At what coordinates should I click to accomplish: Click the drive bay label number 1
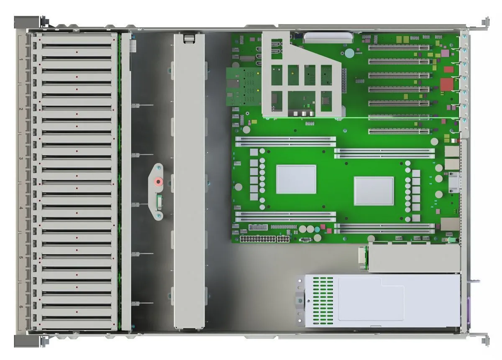click(21, 59)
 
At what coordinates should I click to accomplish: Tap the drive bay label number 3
click(21, 158)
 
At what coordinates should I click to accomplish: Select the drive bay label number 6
click(21, 307)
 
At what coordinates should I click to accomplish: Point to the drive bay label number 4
click(21, 208)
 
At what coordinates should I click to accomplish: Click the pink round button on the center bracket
click(159, 181)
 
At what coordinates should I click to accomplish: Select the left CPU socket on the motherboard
click(296, 179)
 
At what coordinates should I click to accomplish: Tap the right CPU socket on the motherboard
click(374, 191)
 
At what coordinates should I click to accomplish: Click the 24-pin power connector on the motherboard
click(258, 239)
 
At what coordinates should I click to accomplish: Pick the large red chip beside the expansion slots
click(447, 84)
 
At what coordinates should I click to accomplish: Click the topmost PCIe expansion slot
click(399, 48)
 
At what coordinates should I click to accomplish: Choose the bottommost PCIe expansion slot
click(399, 131)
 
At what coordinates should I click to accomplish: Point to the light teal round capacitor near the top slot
click(349, 54)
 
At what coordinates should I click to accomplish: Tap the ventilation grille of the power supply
click(323, 301)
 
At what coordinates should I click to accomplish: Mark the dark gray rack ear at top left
click(27, 22)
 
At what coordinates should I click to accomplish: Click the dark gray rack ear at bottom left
click(27, 341)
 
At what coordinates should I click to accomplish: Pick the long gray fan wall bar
click(190, 181)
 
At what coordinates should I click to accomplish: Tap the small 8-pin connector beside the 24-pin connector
click(283, 239)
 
